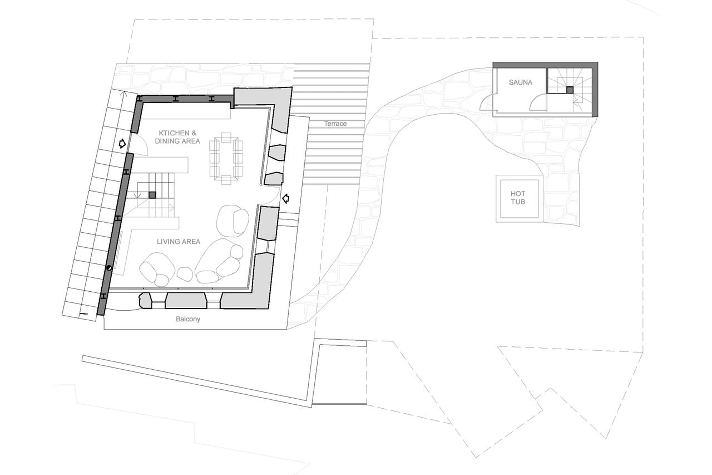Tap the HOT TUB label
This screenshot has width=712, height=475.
coord(518,197)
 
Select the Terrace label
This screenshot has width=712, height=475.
coord(335,124)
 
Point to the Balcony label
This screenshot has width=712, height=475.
coord(188,319)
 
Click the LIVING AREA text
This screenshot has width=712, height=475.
coord(179,241)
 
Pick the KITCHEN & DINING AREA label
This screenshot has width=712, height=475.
coord(177,137)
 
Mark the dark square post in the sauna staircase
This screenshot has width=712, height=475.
coord(570,90)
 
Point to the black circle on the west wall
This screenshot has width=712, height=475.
coord(109,268)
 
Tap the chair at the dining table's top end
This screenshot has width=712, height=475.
coord(226,137)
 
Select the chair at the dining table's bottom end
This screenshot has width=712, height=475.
coord(226,180)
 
